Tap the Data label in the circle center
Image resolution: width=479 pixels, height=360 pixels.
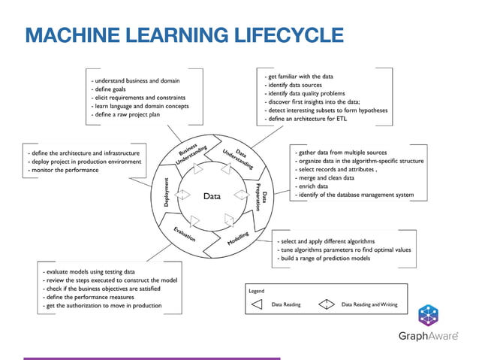pos(212,196)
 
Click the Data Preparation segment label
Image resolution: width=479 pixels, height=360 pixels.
pos(261,197)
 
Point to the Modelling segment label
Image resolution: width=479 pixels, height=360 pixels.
pos(238,240)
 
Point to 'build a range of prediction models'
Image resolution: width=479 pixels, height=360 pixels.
pos(324,259)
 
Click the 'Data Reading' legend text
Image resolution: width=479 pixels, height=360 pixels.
pos(286,304)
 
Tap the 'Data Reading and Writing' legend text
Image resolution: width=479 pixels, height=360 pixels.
pos(369,304)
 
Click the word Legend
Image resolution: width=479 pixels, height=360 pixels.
pos(257,289)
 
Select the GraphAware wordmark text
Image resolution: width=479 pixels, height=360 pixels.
pos(427,336)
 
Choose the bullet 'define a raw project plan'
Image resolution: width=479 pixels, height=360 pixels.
pos(125,115)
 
